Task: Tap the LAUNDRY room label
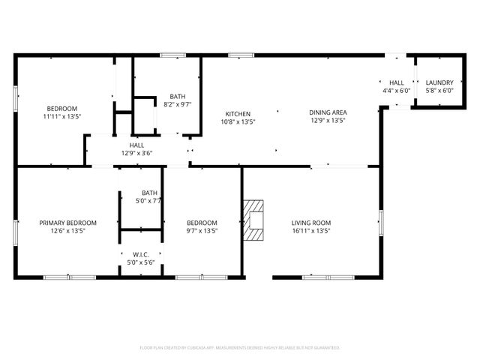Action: coord(439,82)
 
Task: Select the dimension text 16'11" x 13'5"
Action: coord(310,231)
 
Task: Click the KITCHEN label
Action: coord(238,114)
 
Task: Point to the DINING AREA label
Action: coord(328,112)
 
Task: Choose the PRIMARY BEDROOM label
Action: coord(67,223)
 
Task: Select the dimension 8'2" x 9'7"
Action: coord(178,104)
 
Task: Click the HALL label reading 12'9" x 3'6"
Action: coord(136,145)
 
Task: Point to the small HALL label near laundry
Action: coord(396,82)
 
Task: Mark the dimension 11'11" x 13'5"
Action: coord(61,117)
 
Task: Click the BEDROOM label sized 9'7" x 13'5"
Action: coord(202,223)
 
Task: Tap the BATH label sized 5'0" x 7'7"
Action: coord(150,193)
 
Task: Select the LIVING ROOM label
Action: coord(310,223)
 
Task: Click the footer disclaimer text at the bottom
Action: coord(240,348)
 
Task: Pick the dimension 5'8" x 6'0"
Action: coord(439,91)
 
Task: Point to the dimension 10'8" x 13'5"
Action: coord(238,122)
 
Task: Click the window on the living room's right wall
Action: coord(380,223)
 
